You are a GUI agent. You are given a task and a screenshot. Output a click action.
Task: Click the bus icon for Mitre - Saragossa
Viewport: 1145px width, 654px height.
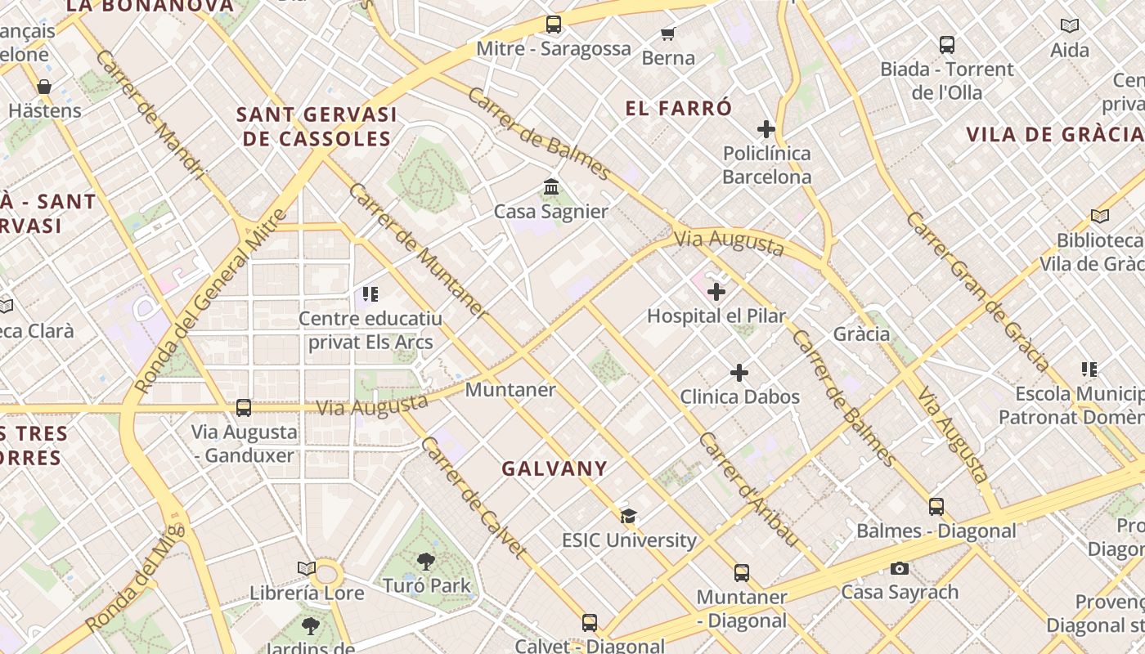(554, 25)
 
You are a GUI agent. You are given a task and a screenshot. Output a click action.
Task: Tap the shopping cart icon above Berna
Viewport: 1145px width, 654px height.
(667, 34)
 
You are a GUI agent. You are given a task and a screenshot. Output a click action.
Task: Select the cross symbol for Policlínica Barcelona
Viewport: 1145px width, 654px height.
(766, 129)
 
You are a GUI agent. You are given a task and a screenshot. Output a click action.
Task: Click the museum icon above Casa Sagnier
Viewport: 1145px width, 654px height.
(551, 187)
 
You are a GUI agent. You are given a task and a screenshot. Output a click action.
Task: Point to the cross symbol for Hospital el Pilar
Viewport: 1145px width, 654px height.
(716, 291)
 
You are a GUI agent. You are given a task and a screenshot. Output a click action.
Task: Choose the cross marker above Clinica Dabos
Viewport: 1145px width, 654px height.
(739, 373)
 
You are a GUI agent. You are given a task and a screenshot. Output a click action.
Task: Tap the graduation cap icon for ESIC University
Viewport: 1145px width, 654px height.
(628, 516)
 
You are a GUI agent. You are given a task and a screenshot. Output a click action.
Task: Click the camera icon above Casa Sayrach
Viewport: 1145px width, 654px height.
(899, 568)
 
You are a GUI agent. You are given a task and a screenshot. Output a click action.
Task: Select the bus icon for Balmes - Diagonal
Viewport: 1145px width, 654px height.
(936, 507)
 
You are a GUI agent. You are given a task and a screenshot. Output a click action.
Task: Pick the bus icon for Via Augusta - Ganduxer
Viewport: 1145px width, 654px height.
(243, 407)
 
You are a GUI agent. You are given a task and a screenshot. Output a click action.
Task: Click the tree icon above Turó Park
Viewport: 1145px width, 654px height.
(426, 561)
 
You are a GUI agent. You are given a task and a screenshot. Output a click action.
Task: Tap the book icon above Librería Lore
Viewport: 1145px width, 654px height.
(307, 568)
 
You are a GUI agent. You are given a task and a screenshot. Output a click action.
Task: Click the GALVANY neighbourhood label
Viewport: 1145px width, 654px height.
(555, 468)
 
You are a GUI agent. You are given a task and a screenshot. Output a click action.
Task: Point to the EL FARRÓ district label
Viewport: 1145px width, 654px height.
(679, 108)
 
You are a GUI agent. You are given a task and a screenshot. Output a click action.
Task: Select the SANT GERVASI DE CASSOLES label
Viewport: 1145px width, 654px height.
(317, 127)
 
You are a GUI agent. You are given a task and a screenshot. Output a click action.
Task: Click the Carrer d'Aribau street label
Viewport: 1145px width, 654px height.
(748, 489)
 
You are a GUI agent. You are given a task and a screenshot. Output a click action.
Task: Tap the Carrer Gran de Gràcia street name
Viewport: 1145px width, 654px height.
(977, 291)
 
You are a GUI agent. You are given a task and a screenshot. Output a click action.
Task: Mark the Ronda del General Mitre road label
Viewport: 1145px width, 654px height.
(210, 301)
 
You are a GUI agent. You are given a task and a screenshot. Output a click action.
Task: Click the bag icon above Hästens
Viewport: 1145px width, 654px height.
(44, 87)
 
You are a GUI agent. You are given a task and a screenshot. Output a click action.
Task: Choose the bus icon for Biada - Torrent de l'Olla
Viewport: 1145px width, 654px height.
(947, 45)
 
